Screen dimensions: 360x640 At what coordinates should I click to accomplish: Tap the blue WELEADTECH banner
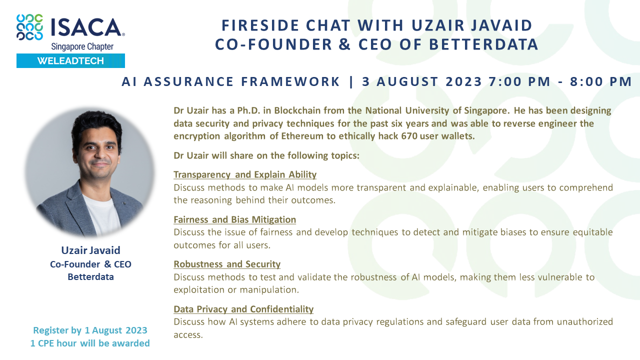(70, 60)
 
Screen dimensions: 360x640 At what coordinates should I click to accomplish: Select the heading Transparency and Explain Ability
(245, 174)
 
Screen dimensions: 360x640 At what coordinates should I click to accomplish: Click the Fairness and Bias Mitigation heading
(234, 219)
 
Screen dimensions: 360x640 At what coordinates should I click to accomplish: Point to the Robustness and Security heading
(227, 264)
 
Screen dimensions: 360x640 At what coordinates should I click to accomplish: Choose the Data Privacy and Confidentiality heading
(243, 309)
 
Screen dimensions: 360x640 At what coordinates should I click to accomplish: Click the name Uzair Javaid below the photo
(90, 250)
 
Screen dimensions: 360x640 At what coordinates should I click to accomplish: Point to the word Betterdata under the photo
(90, 276)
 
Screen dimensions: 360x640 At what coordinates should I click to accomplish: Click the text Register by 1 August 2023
(90, 330)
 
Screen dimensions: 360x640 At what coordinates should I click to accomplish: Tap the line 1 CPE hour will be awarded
(90, 343)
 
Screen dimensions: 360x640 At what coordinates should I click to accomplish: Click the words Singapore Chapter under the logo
(82, 46)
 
